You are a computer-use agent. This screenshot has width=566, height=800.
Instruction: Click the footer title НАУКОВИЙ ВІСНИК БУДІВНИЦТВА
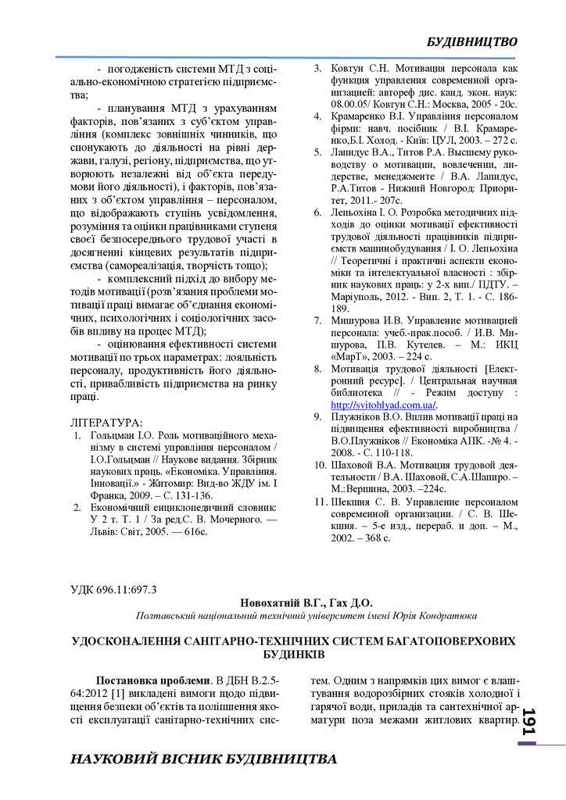coord(203,759)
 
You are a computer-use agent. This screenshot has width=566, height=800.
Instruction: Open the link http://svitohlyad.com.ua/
coord(383,405)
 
